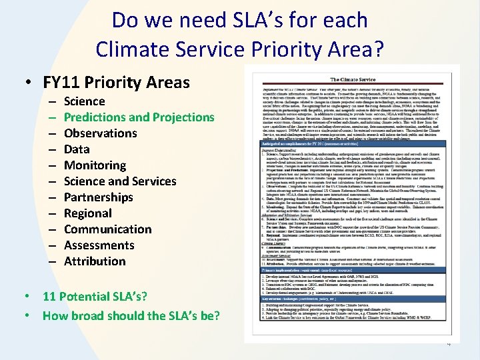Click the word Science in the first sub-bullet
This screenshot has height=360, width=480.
[84, 101]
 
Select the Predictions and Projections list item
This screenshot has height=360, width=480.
[139, 117]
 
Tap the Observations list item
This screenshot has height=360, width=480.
[100, 133]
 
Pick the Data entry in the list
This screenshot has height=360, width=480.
[77, 149]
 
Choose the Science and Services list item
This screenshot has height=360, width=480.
[120, 181]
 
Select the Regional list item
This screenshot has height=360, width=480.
[87, 213]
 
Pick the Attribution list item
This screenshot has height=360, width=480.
[95, 261]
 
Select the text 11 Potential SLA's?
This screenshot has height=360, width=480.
[95, 297]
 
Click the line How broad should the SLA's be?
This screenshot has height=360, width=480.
[131, 315]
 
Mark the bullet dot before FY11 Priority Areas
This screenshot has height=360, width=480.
[30, 83]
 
